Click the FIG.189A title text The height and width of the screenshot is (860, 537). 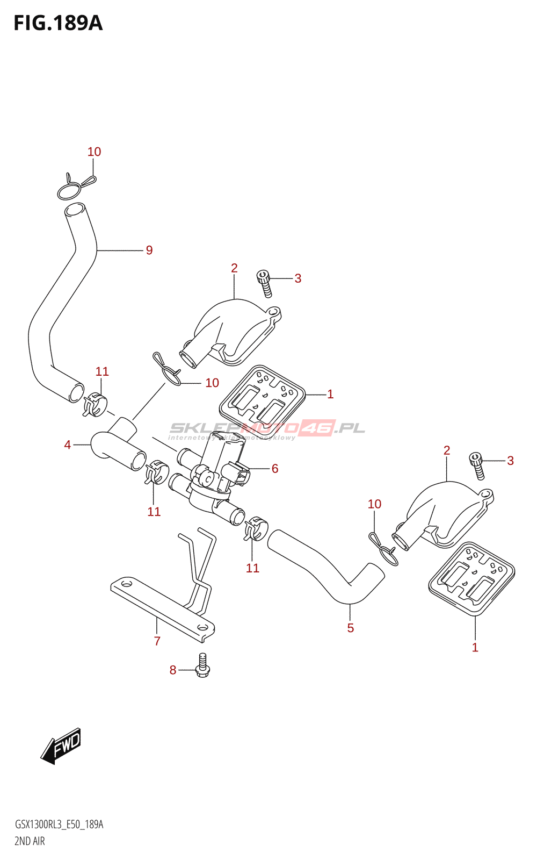[58, 23]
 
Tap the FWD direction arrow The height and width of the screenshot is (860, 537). [61, 746]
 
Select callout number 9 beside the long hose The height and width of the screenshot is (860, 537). [149, 250]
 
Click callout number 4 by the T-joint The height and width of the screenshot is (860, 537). [68, 445]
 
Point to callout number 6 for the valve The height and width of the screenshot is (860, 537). [275, 469]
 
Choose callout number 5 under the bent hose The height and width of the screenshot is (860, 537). [351, 628]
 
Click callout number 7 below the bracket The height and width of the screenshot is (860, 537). [157, 641]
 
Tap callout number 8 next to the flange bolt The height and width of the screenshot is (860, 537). [173, 670]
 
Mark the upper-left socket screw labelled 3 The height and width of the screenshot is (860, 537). [264, 283]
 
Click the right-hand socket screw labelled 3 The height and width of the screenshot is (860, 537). [477, 465]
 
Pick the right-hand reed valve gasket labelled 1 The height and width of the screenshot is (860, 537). [471, 578]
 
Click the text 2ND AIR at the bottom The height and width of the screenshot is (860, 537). [30, 841]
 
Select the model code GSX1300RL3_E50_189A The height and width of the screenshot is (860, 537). [59, 825]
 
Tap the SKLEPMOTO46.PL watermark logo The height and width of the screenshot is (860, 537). [267, 429]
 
